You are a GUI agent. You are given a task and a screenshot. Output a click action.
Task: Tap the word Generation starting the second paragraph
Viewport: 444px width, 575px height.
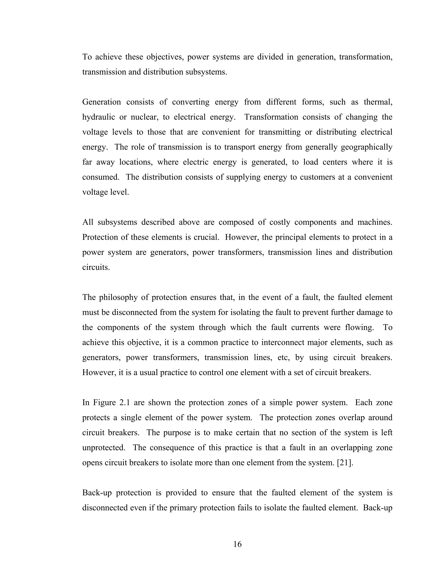click(x=101, y=102)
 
